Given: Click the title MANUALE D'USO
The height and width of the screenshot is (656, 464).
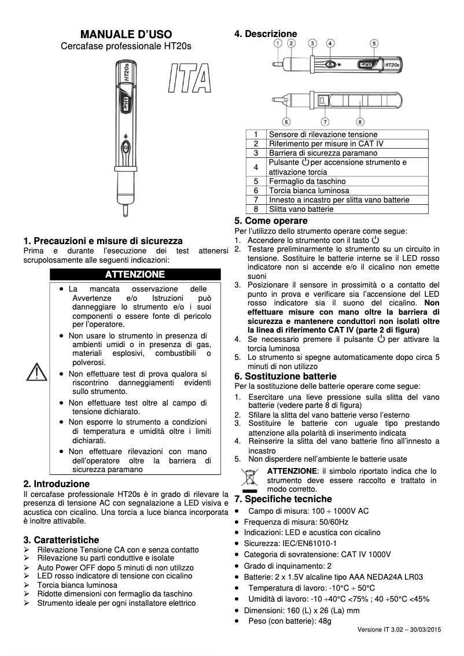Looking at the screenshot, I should tap(126, 35).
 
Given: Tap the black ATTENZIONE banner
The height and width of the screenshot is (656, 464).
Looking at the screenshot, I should tap(135, 274).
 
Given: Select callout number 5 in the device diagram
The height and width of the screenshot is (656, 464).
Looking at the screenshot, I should tap(374, 43).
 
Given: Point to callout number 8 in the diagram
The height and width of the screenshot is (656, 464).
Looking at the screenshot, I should tap(360, 121).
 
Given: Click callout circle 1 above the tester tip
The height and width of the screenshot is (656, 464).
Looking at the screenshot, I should tap(278, 43).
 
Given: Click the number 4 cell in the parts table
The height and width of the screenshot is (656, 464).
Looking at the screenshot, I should tap(256, 167).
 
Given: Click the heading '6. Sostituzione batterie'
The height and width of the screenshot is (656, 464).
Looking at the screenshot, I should tap(285, 377).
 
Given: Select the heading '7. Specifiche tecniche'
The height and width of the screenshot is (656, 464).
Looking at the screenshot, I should tap(283, 499).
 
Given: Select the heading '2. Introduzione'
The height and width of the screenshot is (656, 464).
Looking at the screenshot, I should tap(56, 483).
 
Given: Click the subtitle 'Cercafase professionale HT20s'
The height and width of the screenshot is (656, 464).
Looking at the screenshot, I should tap(126, 46).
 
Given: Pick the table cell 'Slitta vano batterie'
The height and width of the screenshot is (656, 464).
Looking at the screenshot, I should tap(301, 209).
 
